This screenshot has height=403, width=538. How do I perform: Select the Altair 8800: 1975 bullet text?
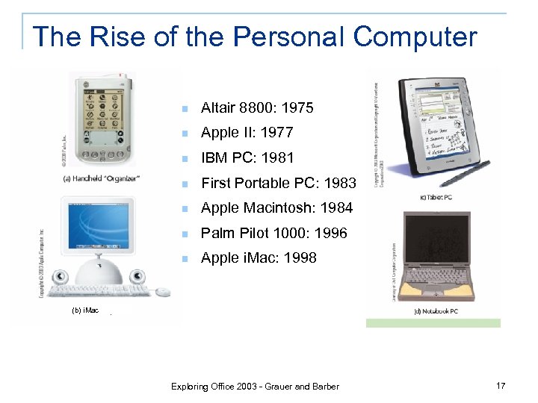257,108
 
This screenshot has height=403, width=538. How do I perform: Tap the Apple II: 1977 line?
247,133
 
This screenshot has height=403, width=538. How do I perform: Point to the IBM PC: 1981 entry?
247,158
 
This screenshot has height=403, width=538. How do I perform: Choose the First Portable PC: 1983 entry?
279,183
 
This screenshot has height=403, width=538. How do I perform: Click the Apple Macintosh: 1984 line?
276,208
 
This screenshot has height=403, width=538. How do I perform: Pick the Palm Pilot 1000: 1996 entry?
273,233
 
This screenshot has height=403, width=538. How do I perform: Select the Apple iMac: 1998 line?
259,258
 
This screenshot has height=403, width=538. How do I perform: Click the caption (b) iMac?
85,309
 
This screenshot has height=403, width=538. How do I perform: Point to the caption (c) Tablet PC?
436,197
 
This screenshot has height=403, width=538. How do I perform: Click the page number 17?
500,385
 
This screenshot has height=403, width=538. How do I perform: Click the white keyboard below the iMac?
98,289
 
